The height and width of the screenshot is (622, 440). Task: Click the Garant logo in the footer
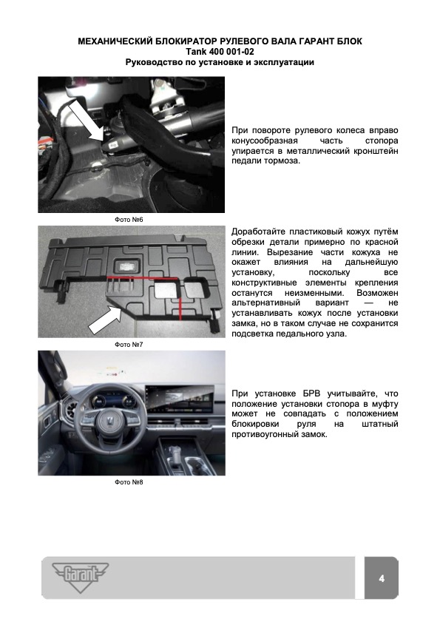point(80,577)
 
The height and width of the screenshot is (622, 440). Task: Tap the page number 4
point(382,578)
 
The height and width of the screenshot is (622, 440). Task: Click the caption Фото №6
point(129,220)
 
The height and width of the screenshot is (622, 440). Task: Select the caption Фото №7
point(129,345)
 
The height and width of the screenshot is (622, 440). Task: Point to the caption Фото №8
point(129,482)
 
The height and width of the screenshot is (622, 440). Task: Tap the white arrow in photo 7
point(106,319)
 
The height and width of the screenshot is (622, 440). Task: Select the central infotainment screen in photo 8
point(180,400)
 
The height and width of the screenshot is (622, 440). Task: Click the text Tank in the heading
point(197,52)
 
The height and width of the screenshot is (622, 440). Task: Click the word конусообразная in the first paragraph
point(265,141)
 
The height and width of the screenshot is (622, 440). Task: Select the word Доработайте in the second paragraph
point(258,231)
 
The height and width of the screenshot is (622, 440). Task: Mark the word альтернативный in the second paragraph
point(265,302)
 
